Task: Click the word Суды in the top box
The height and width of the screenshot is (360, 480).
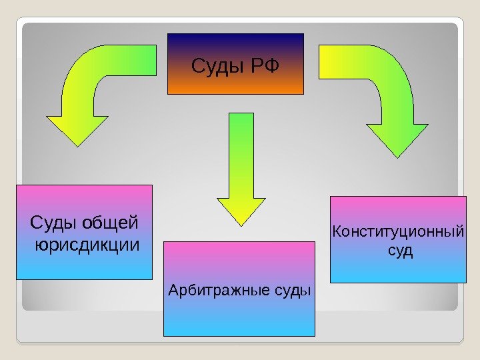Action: coord(219,67)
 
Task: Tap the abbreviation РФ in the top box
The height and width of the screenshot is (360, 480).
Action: coord(265,67)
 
